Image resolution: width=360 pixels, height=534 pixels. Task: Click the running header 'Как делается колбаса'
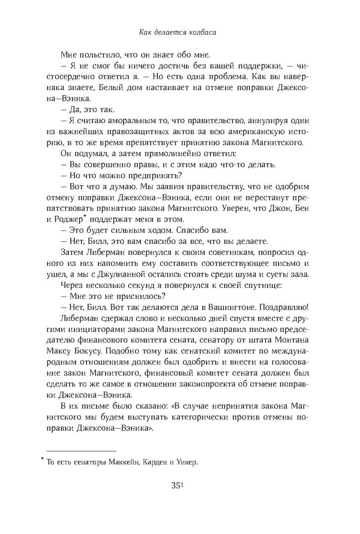179,34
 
